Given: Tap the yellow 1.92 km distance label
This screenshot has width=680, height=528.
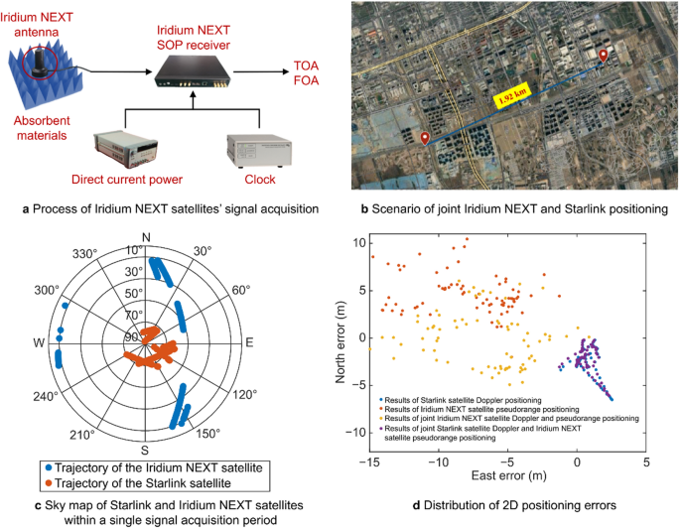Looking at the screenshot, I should pyautogui.click(x=513, y=99).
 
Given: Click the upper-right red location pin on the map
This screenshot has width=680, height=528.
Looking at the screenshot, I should pyautogui.click(x=603, y=59).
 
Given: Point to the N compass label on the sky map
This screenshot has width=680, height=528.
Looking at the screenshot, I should pyautogui.click(x=146, y=237).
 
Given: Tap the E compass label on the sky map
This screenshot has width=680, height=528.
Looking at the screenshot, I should pyautogui.click(x=249, y=342).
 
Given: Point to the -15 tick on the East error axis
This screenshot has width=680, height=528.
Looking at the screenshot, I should pyautogui.click(x=369, y=462).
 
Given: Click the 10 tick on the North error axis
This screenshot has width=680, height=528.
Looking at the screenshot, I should pyautogui.click(x=360, y=242).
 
